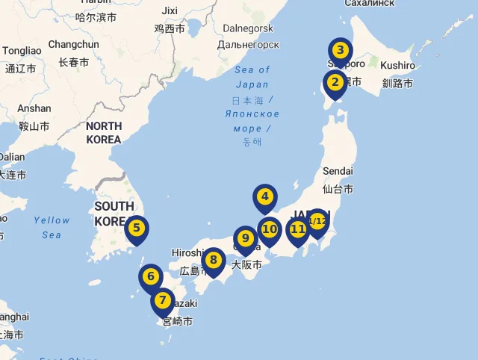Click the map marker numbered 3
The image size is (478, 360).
click(x=340, y=52)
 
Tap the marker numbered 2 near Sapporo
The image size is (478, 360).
click(x=335, y=83)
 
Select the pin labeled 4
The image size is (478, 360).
click(x=264, y=198)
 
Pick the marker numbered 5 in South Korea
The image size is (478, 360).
click(x=136, y=229)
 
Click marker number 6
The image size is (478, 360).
click(x=150, y=277)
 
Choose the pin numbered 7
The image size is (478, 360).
click(x=162, y=300)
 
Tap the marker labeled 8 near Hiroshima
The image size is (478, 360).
click(x=213, y=261)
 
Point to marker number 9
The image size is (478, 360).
click(x=245, y=238)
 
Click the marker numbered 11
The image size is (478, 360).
click(x=298, y=229)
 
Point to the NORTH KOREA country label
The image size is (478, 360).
click(x=104, y=133)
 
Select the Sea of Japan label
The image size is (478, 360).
click(x=252, y=77)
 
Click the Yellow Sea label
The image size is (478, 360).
click(x=52, y=227)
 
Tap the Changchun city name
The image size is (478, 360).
click(x=73, y=45)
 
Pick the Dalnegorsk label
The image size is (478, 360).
click(x=248, y=28)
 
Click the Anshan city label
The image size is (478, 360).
click(x=34, y=108)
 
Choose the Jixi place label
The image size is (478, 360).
click(x=170, y=10)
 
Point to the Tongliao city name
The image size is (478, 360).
click(x=22, y=51)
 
